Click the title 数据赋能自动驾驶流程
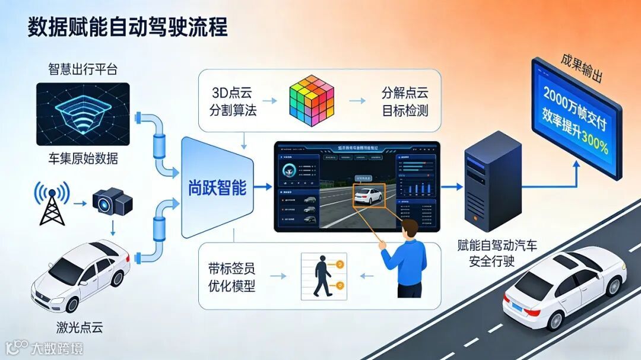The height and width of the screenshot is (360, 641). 128,27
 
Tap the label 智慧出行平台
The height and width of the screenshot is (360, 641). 82,69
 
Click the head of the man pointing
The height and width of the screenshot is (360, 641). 409,229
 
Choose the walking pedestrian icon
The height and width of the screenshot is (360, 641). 322,276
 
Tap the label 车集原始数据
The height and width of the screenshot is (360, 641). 82,159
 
